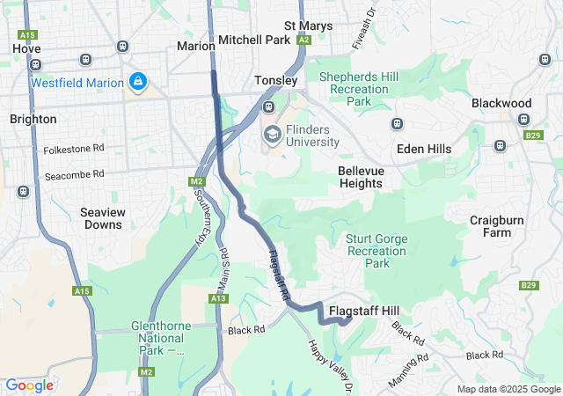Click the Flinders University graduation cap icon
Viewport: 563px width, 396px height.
tap(273, 135)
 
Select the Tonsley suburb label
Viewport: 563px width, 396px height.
tap(276, 80)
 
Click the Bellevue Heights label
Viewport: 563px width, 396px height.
tap(360, 177)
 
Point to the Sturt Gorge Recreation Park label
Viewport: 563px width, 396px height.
tap(377, 250)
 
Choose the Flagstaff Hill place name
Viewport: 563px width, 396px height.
tap(363, 312)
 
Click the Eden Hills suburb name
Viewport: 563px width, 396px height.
tap(424, 149)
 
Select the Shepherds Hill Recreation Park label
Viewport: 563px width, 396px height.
tap(358, 89)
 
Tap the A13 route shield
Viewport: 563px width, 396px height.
tap(219, 299)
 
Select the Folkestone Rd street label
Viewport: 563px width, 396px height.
tap(75, 150)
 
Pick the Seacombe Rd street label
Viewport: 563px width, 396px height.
tap(75, 174)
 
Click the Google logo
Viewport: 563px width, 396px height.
tap(29, 385)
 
